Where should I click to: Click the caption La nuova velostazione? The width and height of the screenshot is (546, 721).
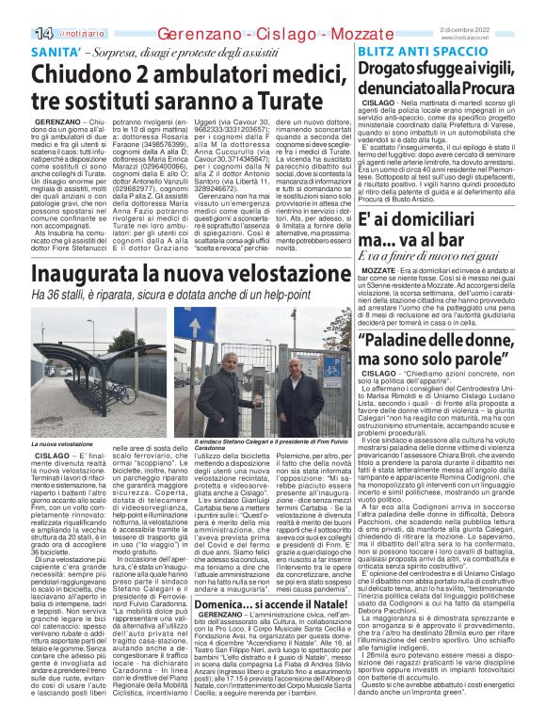point(64,442)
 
